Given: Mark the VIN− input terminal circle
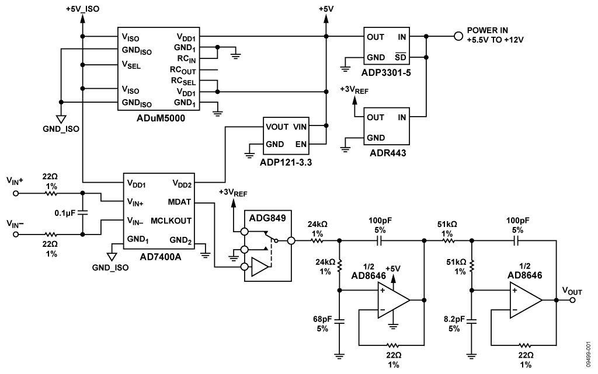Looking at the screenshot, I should (x=16, y=235).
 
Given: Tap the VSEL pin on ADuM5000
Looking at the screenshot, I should (x=132, y=65).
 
